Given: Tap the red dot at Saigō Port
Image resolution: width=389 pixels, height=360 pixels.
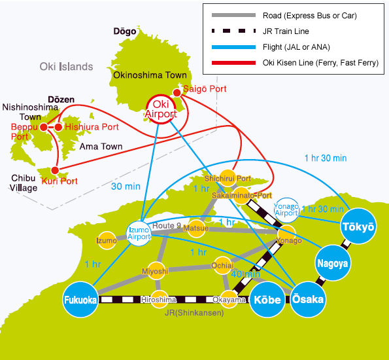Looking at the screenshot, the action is coord(177,93).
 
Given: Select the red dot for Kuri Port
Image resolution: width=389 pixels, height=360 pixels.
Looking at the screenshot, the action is coord(55,170).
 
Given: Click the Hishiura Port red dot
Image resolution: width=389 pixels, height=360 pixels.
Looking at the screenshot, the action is coord(58,127).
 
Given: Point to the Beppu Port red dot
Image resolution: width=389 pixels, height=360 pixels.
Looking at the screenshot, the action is coord(44,127).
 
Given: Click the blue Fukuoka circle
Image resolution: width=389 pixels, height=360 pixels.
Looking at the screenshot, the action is coord(80,299).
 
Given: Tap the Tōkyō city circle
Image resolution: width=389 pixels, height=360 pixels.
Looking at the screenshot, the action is coord(358,226).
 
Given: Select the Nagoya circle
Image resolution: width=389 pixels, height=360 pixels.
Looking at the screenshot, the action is coord(333,263).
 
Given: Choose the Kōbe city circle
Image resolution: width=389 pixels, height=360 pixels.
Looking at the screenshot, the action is coord(267,300).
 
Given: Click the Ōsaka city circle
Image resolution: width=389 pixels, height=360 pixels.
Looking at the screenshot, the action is coord(308,299).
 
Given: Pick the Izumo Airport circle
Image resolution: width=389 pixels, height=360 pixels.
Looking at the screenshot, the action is coord(139,234).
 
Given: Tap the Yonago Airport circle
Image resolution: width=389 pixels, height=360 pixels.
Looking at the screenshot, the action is coord(286,210).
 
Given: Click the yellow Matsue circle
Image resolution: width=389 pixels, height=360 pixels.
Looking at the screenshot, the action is coord(196,228).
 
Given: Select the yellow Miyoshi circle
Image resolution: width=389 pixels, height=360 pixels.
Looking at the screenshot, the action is coord(156,271).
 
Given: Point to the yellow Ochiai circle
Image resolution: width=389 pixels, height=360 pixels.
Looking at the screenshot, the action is coord(222,266).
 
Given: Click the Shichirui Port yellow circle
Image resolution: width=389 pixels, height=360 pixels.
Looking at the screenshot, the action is coord(228,178).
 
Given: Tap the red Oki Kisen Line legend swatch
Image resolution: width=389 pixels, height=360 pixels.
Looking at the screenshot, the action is coord(233,63).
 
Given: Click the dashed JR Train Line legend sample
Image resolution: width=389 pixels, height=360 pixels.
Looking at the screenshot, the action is coord(233,31).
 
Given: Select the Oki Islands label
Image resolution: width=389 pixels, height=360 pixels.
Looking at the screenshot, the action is coord(66,67).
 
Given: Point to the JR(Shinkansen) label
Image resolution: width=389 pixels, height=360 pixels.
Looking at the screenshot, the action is coord(194,313).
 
